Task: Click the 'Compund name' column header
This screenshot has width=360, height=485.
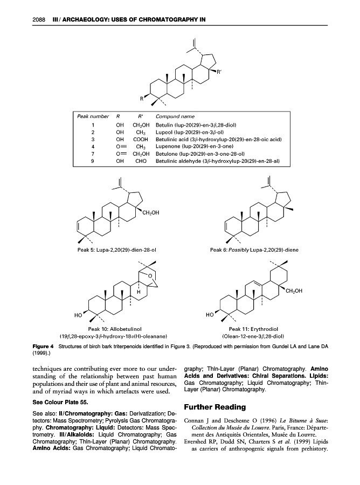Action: click(175, 116)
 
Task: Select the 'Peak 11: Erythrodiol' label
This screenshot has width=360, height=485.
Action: click(253, 327)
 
